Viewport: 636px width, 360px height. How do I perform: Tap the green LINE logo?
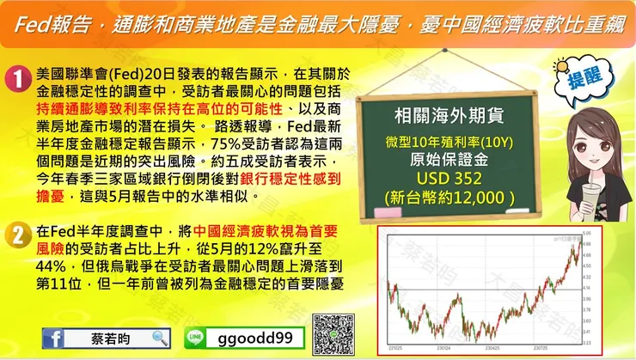(198, 339)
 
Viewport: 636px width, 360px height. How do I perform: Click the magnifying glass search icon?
(160, 339)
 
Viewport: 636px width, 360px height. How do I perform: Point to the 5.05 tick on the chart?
(586, 233)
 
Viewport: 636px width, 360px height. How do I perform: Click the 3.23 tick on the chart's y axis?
(586, 343)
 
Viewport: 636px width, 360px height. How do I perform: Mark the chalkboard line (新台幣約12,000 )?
(449, 197)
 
